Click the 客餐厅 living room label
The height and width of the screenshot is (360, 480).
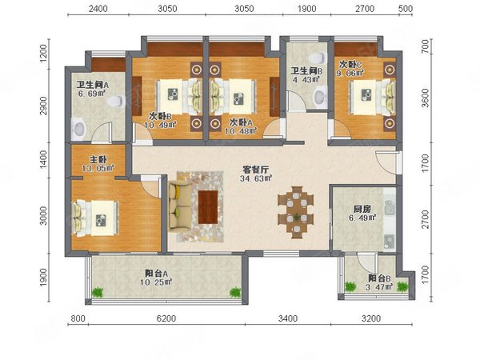[x=256, y=170]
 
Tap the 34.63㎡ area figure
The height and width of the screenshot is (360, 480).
[x=256, y=178]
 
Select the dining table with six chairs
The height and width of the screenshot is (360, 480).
[x=296, y=212]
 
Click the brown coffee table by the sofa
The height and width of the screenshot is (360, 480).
[x=208, y=207]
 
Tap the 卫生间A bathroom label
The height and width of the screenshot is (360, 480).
[x=93, y=85]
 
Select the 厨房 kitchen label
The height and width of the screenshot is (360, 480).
[x=362, y=210]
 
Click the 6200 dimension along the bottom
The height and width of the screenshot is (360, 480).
[x=166, y=318]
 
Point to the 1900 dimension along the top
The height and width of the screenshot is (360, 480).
[x=306, y=9]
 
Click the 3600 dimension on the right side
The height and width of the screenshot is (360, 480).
[x=426, y=98]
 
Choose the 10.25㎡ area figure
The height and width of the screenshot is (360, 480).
[x=156, y=282]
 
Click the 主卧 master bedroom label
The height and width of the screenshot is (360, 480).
[x=98, y=159]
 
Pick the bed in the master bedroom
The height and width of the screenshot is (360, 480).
[x=95, y=218]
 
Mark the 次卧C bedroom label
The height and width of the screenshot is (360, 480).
[x=351, y=65]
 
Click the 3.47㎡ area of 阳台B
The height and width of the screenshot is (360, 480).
[x=379, y=287]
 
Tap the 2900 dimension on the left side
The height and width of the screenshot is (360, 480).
[x=43, y=106]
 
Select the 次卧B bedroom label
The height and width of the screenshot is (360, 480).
[x=160, y=116]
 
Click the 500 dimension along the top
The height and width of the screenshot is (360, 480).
[x=406, y=9]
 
